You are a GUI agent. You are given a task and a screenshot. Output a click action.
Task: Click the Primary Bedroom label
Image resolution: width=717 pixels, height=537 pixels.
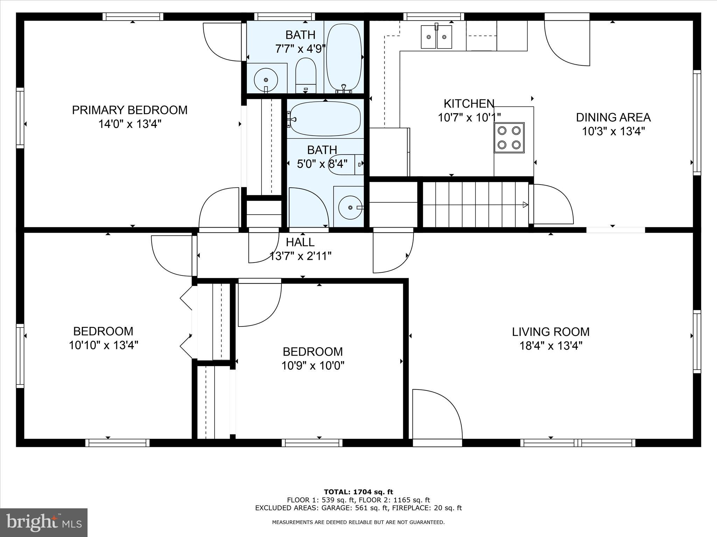pos(130,110)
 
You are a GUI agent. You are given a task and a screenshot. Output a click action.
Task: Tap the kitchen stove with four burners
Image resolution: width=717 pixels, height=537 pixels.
pos(509,137)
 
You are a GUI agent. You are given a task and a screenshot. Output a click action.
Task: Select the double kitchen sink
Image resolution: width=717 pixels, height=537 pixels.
pos(436,37)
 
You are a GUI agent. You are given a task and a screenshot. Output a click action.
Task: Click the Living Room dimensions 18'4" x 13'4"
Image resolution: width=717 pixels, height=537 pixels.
pos(550,346)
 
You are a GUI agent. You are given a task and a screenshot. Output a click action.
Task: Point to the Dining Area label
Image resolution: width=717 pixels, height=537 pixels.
pos(613,117)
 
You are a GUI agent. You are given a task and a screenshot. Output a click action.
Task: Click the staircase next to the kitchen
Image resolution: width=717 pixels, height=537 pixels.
pos(475,205)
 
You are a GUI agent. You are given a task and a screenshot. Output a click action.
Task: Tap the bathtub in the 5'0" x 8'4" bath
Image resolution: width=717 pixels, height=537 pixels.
pos(325,119)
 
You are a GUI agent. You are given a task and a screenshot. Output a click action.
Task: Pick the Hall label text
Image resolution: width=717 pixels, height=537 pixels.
pos(300,242)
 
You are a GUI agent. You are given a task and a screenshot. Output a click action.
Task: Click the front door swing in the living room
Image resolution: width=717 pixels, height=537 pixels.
pos(436,414)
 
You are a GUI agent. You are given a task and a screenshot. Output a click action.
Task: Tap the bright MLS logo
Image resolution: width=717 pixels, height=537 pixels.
pos(44,522)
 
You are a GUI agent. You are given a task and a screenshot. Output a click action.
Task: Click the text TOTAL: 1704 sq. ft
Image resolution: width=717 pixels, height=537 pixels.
pos(358,492)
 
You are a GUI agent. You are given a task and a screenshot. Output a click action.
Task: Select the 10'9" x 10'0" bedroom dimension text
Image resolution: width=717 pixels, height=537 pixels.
pos(313,366)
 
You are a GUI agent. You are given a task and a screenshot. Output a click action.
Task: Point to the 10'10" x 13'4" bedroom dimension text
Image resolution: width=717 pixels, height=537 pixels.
pos(103,345)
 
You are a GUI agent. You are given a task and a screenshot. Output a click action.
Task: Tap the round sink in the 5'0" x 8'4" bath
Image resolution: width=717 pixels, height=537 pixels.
pos(350,207)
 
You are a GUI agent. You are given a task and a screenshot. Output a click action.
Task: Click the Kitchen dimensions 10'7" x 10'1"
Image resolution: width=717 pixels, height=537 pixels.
pos(469,117)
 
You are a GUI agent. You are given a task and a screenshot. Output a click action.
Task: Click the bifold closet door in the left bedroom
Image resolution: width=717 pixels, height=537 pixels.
pos(186,322)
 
